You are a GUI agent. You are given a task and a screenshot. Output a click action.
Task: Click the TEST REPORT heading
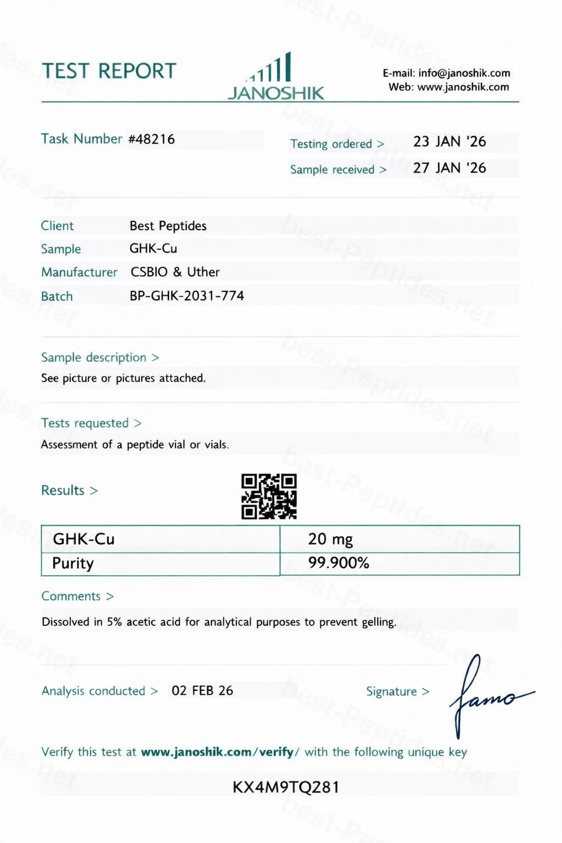point(109,71)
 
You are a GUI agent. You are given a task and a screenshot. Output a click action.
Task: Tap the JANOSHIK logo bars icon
point(272,69)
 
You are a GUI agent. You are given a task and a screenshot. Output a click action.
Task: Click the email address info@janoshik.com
point(464,73)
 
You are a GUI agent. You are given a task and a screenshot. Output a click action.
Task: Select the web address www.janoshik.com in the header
point(463,87)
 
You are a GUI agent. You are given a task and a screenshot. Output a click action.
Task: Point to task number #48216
point(151,139)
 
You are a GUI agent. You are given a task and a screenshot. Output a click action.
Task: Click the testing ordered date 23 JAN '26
point(449,142)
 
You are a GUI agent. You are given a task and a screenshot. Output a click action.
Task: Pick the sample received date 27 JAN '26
point(449,168)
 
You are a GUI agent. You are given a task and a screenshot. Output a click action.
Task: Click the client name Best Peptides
point(168,226)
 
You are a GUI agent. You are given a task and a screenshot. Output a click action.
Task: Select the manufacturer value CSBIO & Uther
point(175,272)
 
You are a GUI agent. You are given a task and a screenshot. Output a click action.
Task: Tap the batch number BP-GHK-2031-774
point(187,296)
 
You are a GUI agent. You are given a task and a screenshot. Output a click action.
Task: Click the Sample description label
point(94,357)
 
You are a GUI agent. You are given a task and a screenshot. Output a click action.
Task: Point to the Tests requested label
point(85,423)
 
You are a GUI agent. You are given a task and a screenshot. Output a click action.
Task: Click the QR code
point(269,496)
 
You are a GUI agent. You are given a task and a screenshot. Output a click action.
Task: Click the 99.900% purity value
point(339,563)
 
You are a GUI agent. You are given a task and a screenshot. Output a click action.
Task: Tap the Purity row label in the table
point(73,563)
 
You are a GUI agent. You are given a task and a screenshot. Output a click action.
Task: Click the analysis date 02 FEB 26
point(202,690)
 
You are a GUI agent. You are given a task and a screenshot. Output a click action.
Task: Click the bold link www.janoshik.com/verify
point(217,752)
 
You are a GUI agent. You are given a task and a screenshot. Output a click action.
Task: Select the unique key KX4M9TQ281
point(286,787)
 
